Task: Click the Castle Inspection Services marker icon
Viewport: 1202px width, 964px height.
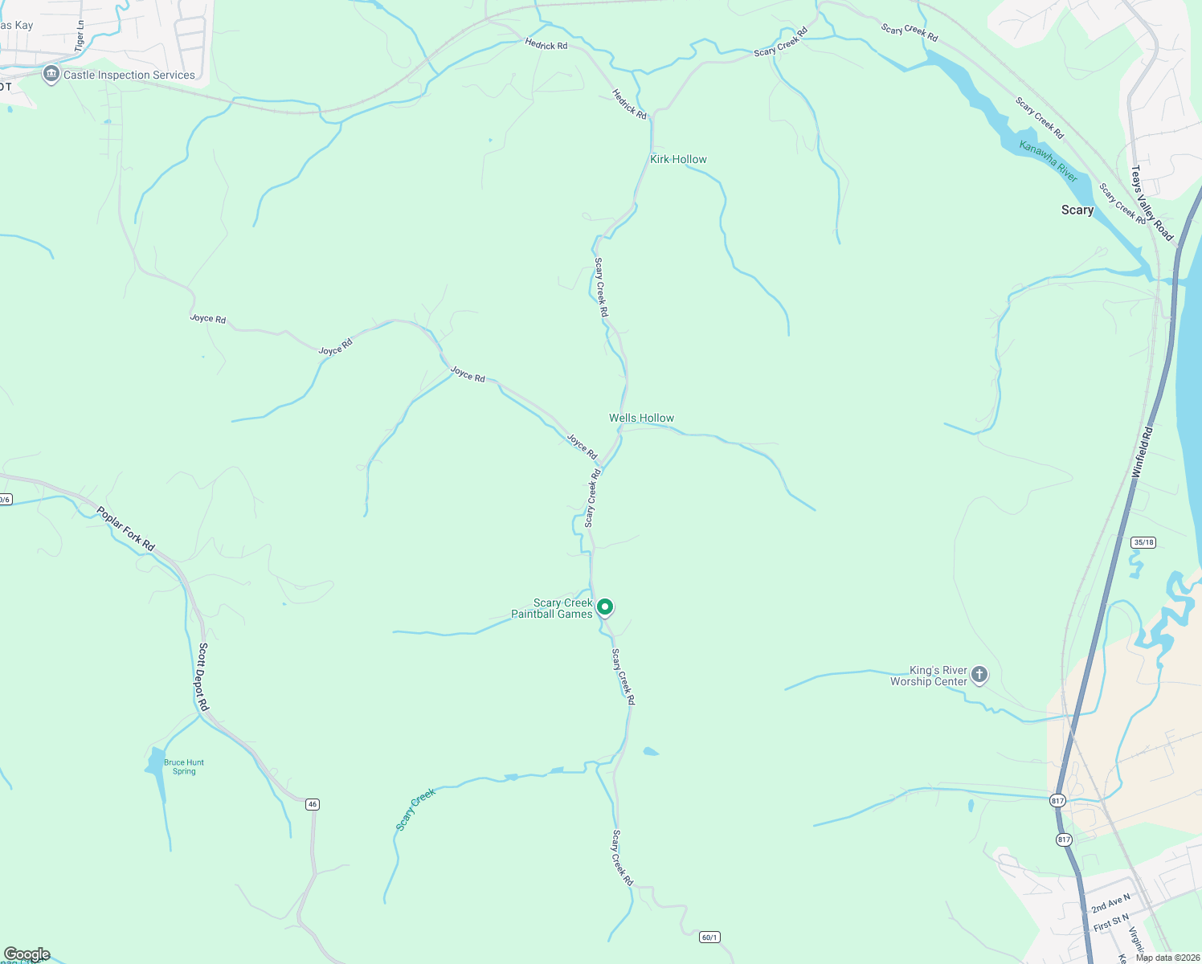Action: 51,75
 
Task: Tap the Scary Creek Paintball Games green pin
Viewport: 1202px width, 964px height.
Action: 606,607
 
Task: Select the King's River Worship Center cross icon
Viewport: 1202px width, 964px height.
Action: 979,675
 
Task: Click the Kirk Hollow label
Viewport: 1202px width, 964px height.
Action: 678,159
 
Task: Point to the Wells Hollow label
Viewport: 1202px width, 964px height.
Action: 641,418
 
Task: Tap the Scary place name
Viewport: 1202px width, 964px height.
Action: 1077,210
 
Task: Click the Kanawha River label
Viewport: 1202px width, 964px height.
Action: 1048,161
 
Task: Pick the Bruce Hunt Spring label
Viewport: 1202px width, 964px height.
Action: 184,767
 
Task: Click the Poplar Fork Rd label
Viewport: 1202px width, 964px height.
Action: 125,529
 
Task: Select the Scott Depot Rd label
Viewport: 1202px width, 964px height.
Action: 203,676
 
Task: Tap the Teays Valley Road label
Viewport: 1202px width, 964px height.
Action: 1151,203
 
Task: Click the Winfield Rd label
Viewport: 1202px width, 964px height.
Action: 1142,453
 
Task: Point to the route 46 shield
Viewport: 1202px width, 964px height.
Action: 313,804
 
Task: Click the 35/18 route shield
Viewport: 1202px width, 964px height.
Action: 1143,542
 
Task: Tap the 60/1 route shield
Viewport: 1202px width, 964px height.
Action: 709,937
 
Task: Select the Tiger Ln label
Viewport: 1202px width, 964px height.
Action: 80,36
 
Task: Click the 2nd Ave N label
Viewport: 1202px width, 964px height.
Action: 1110,903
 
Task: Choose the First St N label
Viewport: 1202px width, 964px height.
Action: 1111,922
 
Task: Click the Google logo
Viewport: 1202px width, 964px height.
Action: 27,954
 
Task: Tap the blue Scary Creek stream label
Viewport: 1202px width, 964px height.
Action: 415,809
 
